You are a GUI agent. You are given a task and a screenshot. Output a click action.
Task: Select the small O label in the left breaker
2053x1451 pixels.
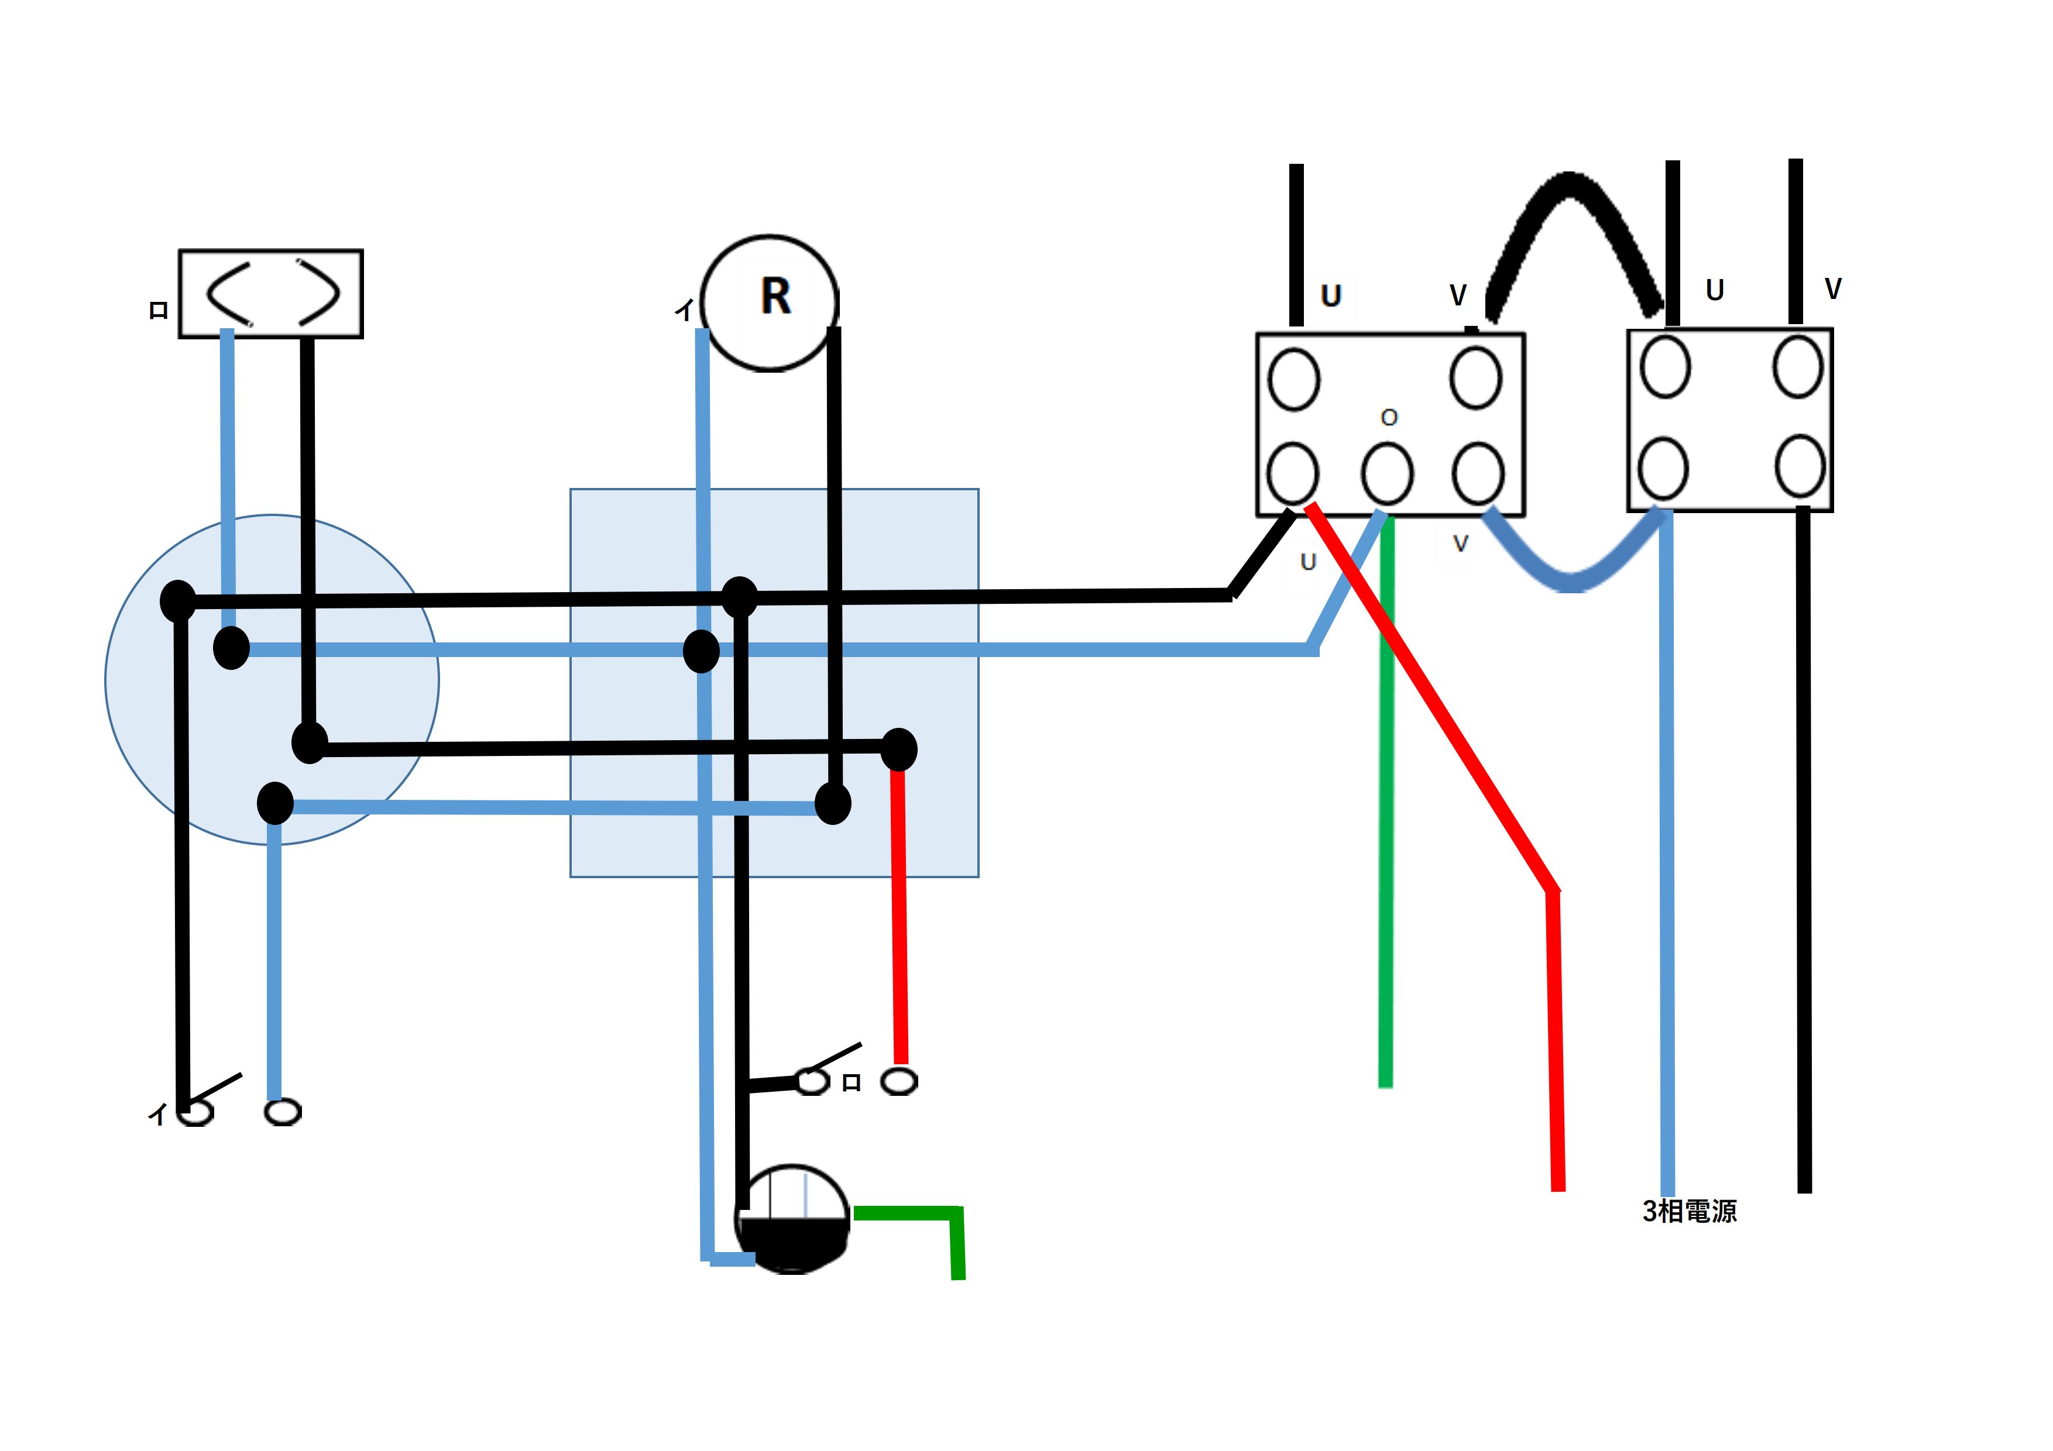click(1389, 418)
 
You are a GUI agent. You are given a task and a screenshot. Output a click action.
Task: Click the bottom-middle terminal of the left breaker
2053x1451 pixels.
click(1387, 474)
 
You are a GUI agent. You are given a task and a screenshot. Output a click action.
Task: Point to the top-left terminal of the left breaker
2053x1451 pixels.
click(1293, 379)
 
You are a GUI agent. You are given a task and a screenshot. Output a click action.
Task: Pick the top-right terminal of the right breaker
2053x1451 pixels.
click(1798, 366)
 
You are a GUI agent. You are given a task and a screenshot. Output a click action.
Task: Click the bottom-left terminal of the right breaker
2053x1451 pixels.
click(1663, 467)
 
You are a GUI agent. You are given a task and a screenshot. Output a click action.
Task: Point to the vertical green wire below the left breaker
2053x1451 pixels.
click(1386, 804)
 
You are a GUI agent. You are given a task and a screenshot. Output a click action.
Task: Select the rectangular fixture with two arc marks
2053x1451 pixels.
click(271, 293)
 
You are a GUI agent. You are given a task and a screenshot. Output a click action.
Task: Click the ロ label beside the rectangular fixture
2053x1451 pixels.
click(158, 310)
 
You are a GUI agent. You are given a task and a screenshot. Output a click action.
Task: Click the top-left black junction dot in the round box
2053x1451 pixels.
click(178, 600)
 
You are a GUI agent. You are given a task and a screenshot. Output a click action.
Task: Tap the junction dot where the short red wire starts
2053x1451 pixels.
click(899, 749)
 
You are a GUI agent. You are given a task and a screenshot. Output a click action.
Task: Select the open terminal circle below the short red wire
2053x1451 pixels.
click(899, 1082)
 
